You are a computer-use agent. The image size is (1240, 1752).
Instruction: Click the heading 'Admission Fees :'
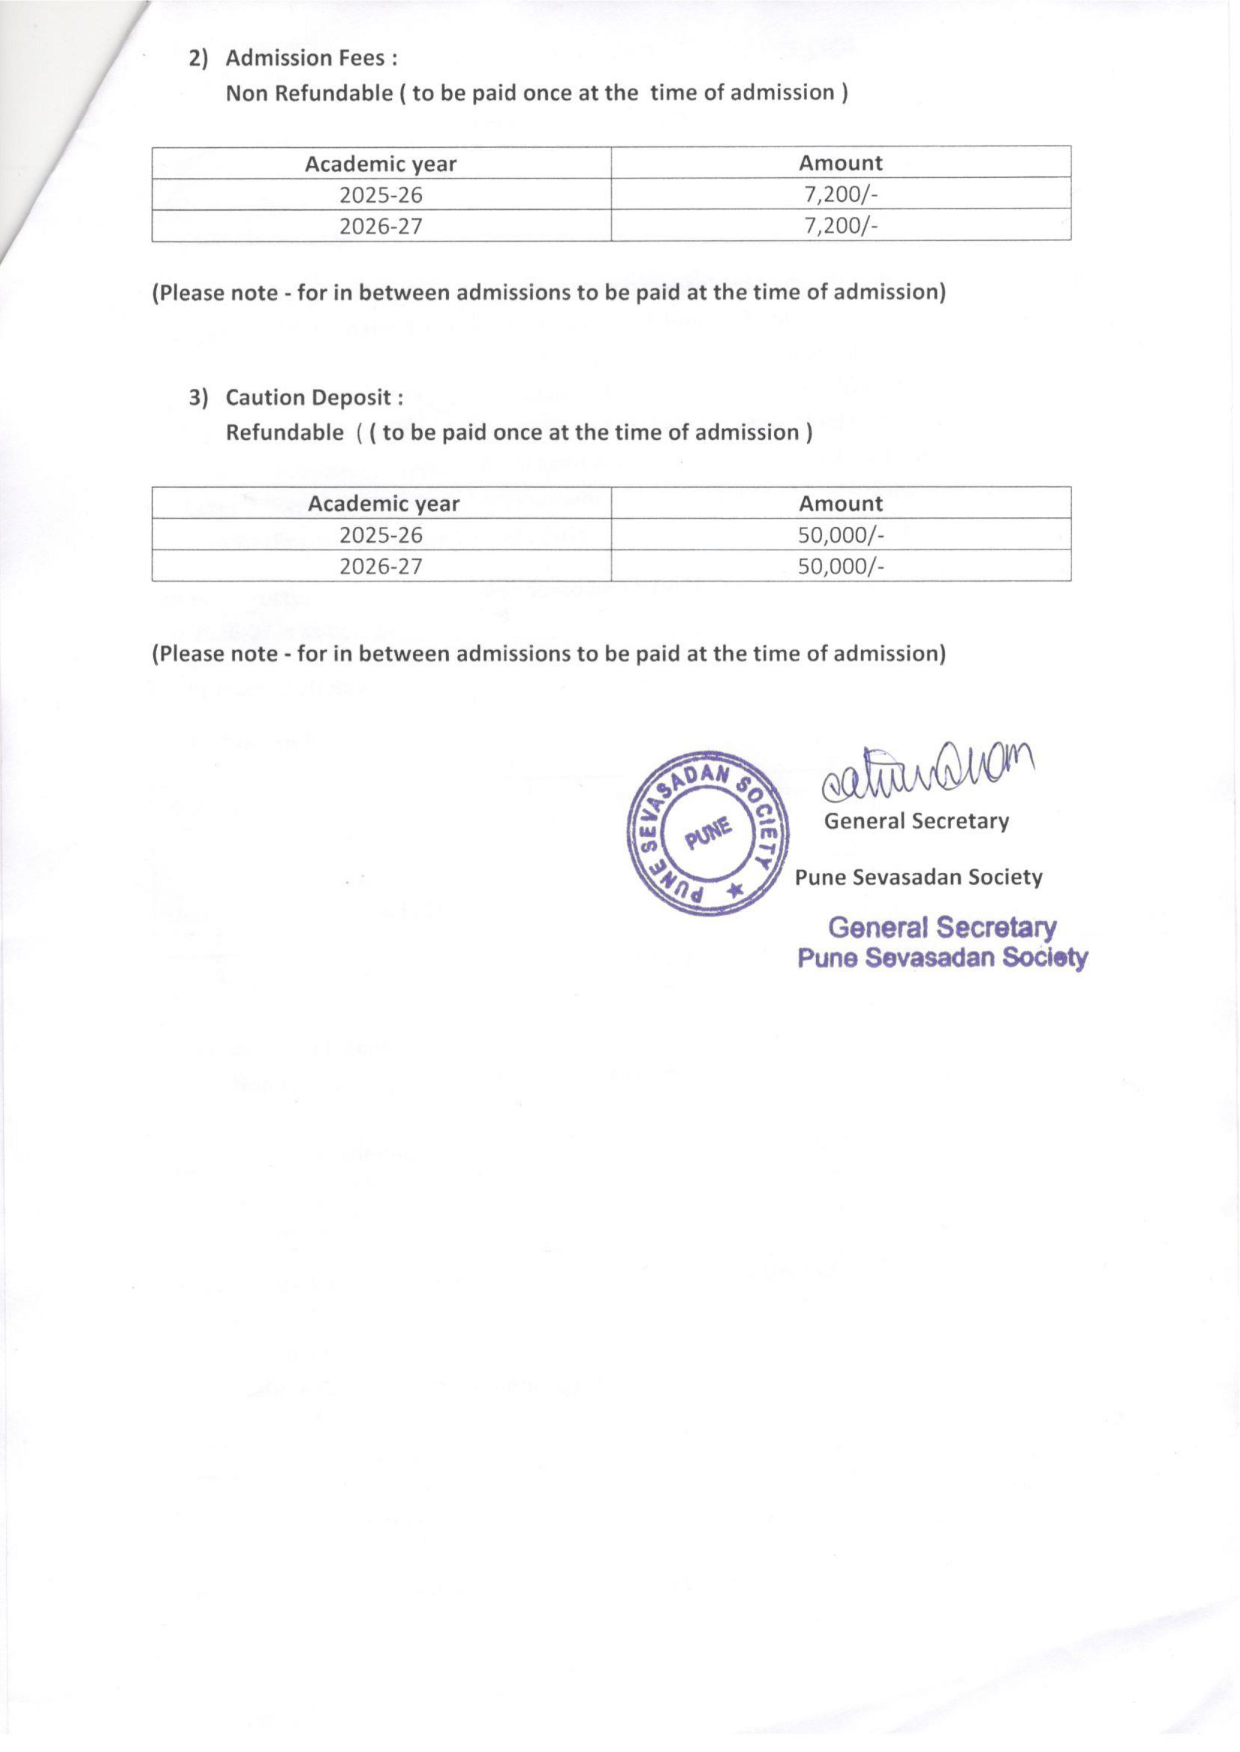pyautogui.click(x=311, y=58)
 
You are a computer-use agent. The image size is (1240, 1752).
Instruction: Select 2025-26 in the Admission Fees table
pyautogui.click(x=381, y=196)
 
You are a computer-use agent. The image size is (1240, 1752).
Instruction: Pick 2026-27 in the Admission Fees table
pyautogui.click(x=381, y=227)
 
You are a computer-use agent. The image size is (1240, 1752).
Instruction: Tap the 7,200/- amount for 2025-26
pyautogui.click(x=841, y=196)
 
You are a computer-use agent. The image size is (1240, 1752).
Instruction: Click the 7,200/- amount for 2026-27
pyautogui.click(x=841, y=227)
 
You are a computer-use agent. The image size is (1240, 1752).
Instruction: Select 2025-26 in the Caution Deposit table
pyautogui.click(x=381, y=535)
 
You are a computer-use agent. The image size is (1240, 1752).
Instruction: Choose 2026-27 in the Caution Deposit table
pyautogui.click(x=381, y=567)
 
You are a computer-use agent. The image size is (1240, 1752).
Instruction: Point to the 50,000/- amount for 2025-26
pyautogui.click(x=841, y=535)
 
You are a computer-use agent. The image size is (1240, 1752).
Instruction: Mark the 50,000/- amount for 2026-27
pyautogui.click(x=841, y=567)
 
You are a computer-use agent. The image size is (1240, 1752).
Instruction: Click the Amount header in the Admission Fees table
pyautogui.click(x=841, y=163)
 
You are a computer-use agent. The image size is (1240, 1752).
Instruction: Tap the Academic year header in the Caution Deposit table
pyautogui.click(x=383, y=504)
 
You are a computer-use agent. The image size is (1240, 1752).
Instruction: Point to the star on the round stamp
pyautogui.click(x=736, y=889)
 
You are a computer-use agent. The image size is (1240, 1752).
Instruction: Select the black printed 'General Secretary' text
pyautogui.click(x=916, y=821)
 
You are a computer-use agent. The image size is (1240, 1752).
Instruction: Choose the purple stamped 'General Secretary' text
pyautogui.click(x=942, y=928)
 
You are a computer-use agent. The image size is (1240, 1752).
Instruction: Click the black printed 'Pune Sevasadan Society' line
pyautogui.click(x=919, y=878)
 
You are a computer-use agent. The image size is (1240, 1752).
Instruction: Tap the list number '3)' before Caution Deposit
pyautogui.click(x=199, y=398)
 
